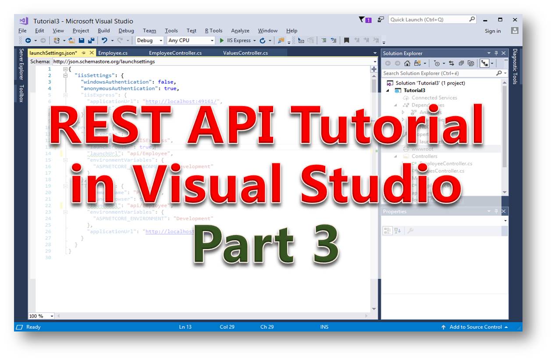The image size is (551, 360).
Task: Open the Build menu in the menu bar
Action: (103, 31)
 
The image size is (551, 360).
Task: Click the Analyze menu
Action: (240, 31)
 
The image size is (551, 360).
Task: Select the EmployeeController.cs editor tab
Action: (175, 53)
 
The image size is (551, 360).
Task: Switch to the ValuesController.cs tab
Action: (245, 53)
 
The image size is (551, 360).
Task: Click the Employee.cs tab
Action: (113, 53)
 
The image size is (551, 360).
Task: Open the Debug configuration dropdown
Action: (149, 40)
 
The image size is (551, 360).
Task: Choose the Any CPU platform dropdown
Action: (191, 40)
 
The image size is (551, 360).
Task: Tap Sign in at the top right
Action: (493, 31)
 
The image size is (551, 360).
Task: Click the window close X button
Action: (515, 20)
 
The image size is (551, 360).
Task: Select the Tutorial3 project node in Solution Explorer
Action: (414, 90)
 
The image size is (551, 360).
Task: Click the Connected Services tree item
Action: (434, 98)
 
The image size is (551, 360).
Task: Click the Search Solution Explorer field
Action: (438, 73)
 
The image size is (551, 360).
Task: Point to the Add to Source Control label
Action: (475, 327)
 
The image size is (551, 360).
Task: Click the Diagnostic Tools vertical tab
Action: (515, 66)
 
